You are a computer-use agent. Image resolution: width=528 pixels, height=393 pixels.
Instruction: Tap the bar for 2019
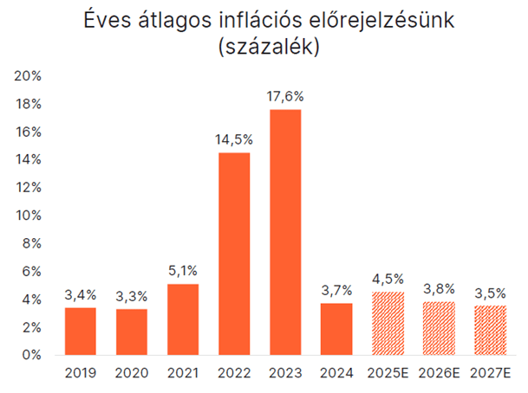pos(81,331)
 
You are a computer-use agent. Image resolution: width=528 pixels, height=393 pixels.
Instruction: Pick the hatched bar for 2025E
pos(388,323)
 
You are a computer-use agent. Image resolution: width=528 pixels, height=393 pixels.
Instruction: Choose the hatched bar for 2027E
pos(491,330)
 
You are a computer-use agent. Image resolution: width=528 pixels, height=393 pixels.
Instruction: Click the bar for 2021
pos(183,319)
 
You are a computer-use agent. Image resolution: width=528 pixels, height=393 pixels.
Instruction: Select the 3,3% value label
pos(132,296)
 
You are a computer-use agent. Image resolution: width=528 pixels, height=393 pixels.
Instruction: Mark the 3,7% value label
pos(336,290)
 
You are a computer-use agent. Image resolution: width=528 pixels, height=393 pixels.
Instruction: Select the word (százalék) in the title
pos(264,48)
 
